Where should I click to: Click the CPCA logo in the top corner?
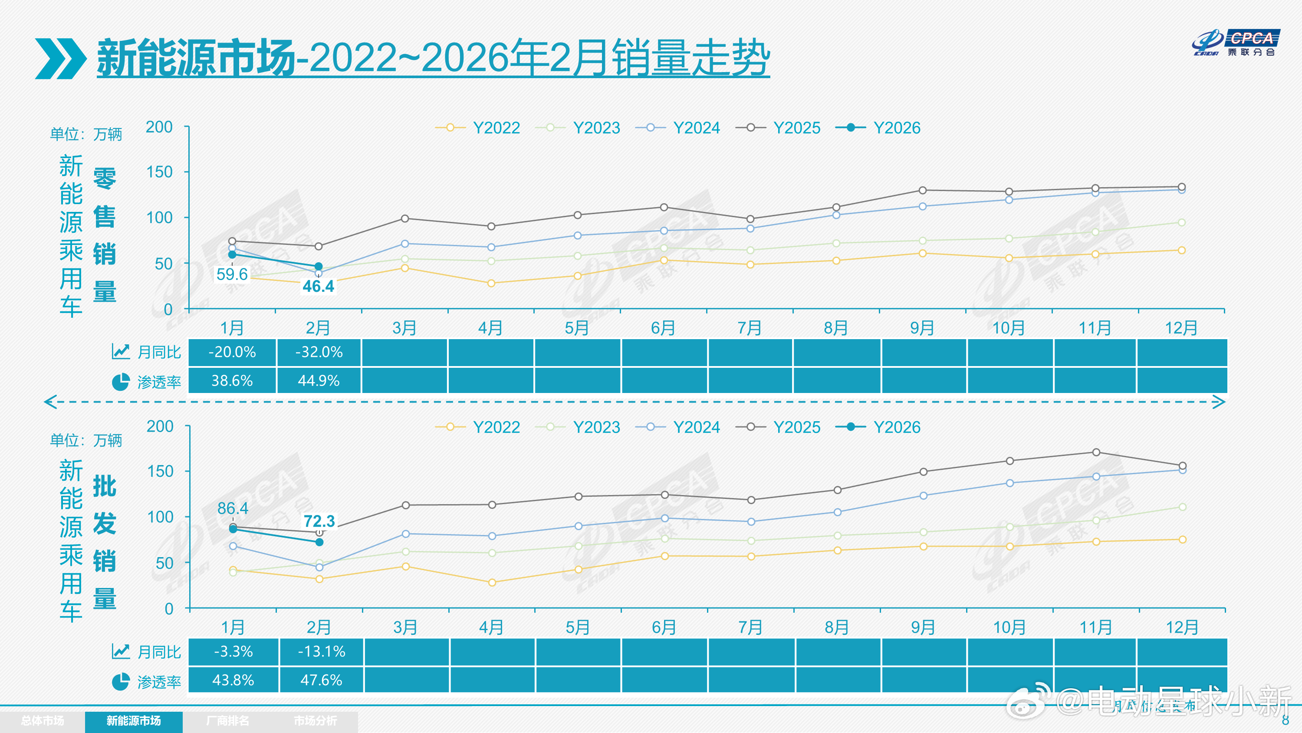click(1235, 43)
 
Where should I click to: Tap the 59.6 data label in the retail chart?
click(232, 274)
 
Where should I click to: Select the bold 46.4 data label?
click(319, 286)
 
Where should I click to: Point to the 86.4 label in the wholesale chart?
click(233, 508)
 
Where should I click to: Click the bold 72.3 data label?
click(319, 521)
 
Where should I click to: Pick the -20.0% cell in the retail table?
click(232, 352)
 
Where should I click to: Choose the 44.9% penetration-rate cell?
click(319, 380)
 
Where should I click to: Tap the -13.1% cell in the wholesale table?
click(322, 651)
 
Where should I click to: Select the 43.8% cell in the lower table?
click(233, 680)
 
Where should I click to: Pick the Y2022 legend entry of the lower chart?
click(478, 427)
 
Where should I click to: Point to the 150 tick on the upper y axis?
click(160, 172)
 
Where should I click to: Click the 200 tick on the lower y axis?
click(160, 426)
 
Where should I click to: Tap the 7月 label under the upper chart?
click(750, 328)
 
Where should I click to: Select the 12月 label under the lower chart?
click(1182, 628)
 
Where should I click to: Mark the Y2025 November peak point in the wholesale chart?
click(1096, 452)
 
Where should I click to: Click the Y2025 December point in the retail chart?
click(1182, 187)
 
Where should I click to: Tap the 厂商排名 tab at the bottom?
click(227, 721)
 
